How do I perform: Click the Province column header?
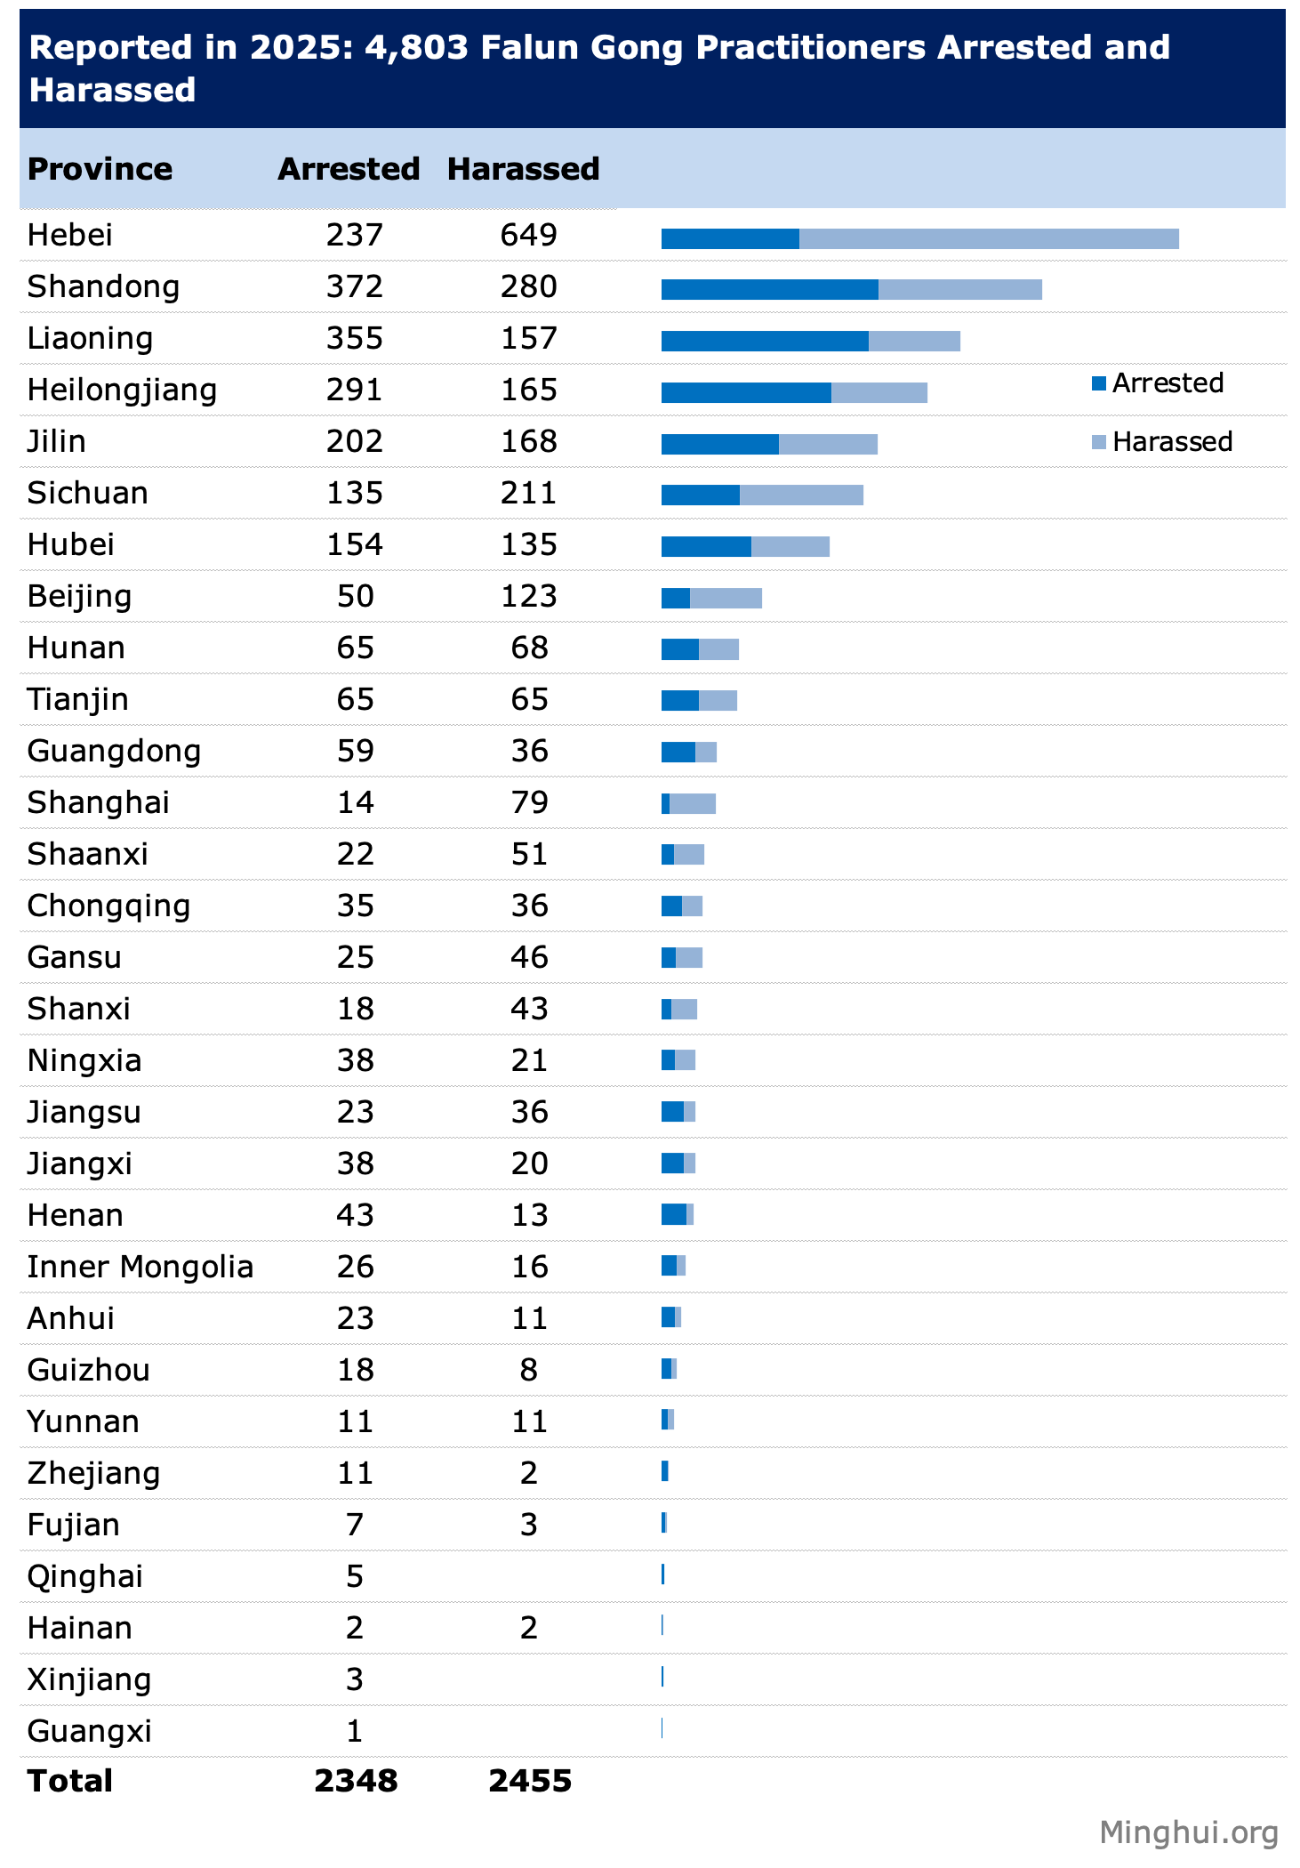tap(100, 169)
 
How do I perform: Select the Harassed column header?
tap(523, 169)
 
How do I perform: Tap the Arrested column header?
tap(349, 169)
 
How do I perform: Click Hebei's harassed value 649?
tap(528, 235)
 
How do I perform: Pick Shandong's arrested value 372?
tap(354, 286)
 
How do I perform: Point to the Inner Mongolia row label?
tap(140, 1267)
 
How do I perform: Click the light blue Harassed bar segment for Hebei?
tap(989, 238)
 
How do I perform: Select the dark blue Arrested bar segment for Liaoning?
tap(765, 341)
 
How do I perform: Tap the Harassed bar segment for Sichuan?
tap(801, 495)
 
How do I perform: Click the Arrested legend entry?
tap(1158, 383)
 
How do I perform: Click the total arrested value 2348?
tap(356, 1781)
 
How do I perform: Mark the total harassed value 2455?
tap(530, 1781)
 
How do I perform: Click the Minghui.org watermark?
tap(1188, 1832)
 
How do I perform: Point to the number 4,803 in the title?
tap(416, 47)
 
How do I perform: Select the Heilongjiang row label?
tap(122, 391)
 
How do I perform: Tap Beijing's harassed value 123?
tap(528, 596)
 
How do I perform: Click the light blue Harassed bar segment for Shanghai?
tap(693, 803)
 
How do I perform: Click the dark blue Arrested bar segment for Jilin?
tap(719, 444)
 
